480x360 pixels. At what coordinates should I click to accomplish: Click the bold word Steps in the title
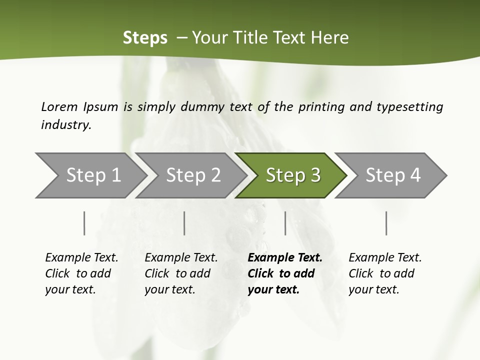(x=145, y=37)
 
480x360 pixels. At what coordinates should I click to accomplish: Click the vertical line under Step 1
(x=84, y=223)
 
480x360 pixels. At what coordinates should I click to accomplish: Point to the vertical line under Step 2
(x=184, y=223)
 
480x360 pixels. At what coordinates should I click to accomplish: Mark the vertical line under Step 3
(x=285, y=223)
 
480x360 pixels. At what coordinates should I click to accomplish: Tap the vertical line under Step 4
(x=386, y=223)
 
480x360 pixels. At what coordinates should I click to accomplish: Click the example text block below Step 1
(x=81, y=273)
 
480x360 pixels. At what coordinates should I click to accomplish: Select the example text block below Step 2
(x=181, y=273)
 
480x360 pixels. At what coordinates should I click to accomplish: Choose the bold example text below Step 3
(x=285, y=273)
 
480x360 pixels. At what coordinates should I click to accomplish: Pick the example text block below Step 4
(x=385, y=273)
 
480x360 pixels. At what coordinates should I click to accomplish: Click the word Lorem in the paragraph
(x=59, y=106)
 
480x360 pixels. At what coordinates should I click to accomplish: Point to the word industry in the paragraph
(x=66, y=125)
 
